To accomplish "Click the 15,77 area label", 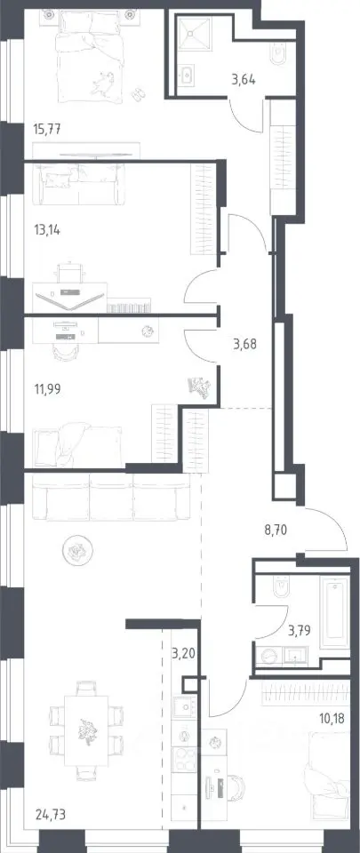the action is tap(46, 130).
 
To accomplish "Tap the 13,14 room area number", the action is tap(46, 229).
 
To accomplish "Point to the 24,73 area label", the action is tap(47, 815).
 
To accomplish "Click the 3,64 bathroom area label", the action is tap(243, 80).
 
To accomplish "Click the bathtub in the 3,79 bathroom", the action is tap(334, 612).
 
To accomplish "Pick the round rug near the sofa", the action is tap(76, 552).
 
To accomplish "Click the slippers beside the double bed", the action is tap(140, 93).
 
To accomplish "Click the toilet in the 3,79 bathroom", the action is tap(283, 587).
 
